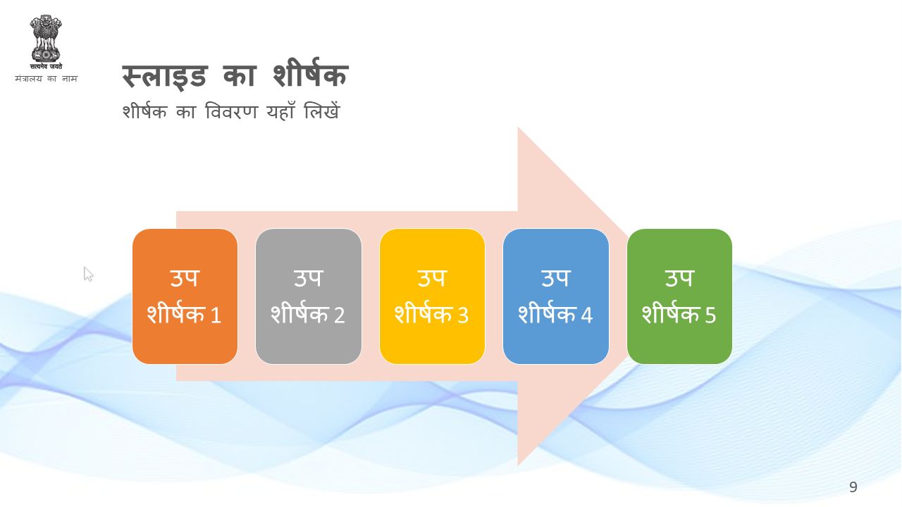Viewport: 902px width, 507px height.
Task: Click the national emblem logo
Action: [x=46, y=42]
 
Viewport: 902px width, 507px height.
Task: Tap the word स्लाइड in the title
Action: [x=165, y=76]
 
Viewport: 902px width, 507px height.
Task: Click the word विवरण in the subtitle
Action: [x=231, y=111]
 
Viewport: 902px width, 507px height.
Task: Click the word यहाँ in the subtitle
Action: [x=280, y=111]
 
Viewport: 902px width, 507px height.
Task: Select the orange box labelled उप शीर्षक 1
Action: [x=185, y=296]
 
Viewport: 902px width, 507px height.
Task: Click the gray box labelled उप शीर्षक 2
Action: [x=309, y=296]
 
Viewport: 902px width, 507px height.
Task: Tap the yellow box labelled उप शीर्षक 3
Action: [x=432, y=296]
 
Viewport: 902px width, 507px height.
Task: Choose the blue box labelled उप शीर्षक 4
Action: [x=556, y=296]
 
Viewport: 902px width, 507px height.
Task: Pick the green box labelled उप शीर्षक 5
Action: [x=680, y=296]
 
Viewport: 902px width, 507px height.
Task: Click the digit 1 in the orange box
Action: [x=216, y=315]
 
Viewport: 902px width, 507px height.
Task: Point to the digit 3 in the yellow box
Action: [x=463, y=315]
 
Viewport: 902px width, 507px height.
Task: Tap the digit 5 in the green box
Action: [x=710, y=315]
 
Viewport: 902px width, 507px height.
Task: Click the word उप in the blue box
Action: [x=556, y=277]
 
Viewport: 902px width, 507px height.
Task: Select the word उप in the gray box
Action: [x=309, y=277]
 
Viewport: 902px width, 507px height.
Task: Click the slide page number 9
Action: [x=853, y=487]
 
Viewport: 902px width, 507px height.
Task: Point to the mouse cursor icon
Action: [x=88, y=274]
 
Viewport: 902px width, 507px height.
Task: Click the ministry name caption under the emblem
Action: [x=46, y=78]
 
